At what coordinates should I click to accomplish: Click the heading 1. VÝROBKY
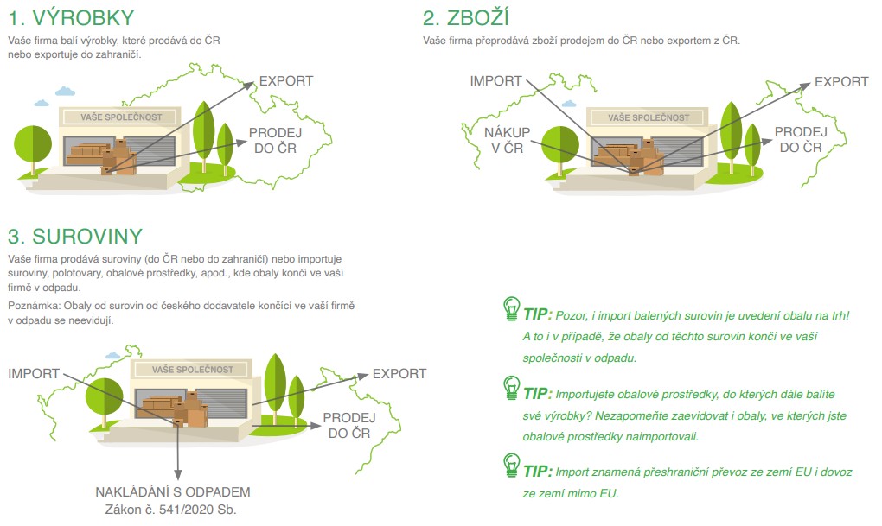(71, 18)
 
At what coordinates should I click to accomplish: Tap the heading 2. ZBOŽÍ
(466, 17)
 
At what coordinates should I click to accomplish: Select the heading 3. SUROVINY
(75, 237)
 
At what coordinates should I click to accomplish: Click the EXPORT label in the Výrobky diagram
(285, 81)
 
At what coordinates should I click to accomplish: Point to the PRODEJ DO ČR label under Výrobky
(275, 141)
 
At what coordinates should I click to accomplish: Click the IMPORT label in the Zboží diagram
(495, 81)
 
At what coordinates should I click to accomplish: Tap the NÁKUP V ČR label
(507, 141)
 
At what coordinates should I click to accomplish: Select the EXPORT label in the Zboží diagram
(841, 82)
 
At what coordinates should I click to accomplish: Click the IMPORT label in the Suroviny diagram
(34, 374)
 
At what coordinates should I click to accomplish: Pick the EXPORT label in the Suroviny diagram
(399, 374)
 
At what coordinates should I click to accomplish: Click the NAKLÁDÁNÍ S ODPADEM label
(173, 492)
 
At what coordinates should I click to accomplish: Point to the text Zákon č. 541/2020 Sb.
(171, 510)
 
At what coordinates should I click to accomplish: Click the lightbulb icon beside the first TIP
(511, 308)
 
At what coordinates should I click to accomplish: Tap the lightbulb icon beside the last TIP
(511, 466)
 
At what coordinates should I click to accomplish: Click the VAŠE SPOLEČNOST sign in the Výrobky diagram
(121, 117)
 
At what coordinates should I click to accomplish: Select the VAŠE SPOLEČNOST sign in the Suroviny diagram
(192, 369)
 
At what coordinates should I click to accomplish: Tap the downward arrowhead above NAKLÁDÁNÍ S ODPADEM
(178, 475)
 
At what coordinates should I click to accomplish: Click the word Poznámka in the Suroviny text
(33, 307)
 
